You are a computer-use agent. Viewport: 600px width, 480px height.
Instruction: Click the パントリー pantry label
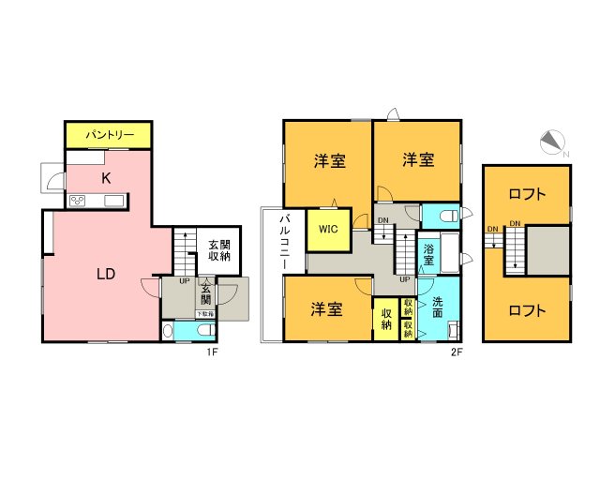107,136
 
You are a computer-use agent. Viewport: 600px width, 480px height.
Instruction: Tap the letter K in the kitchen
107,176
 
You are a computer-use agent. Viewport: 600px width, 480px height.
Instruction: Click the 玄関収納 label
219,250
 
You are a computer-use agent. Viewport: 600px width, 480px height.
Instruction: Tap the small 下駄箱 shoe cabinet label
203,315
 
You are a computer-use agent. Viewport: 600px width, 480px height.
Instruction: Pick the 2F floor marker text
457,352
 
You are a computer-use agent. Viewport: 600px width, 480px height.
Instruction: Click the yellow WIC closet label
328,228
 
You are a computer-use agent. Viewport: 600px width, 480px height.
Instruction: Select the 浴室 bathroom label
428,256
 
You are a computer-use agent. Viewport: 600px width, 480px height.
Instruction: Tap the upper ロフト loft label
527,195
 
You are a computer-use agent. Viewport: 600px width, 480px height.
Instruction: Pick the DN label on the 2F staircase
383,221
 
